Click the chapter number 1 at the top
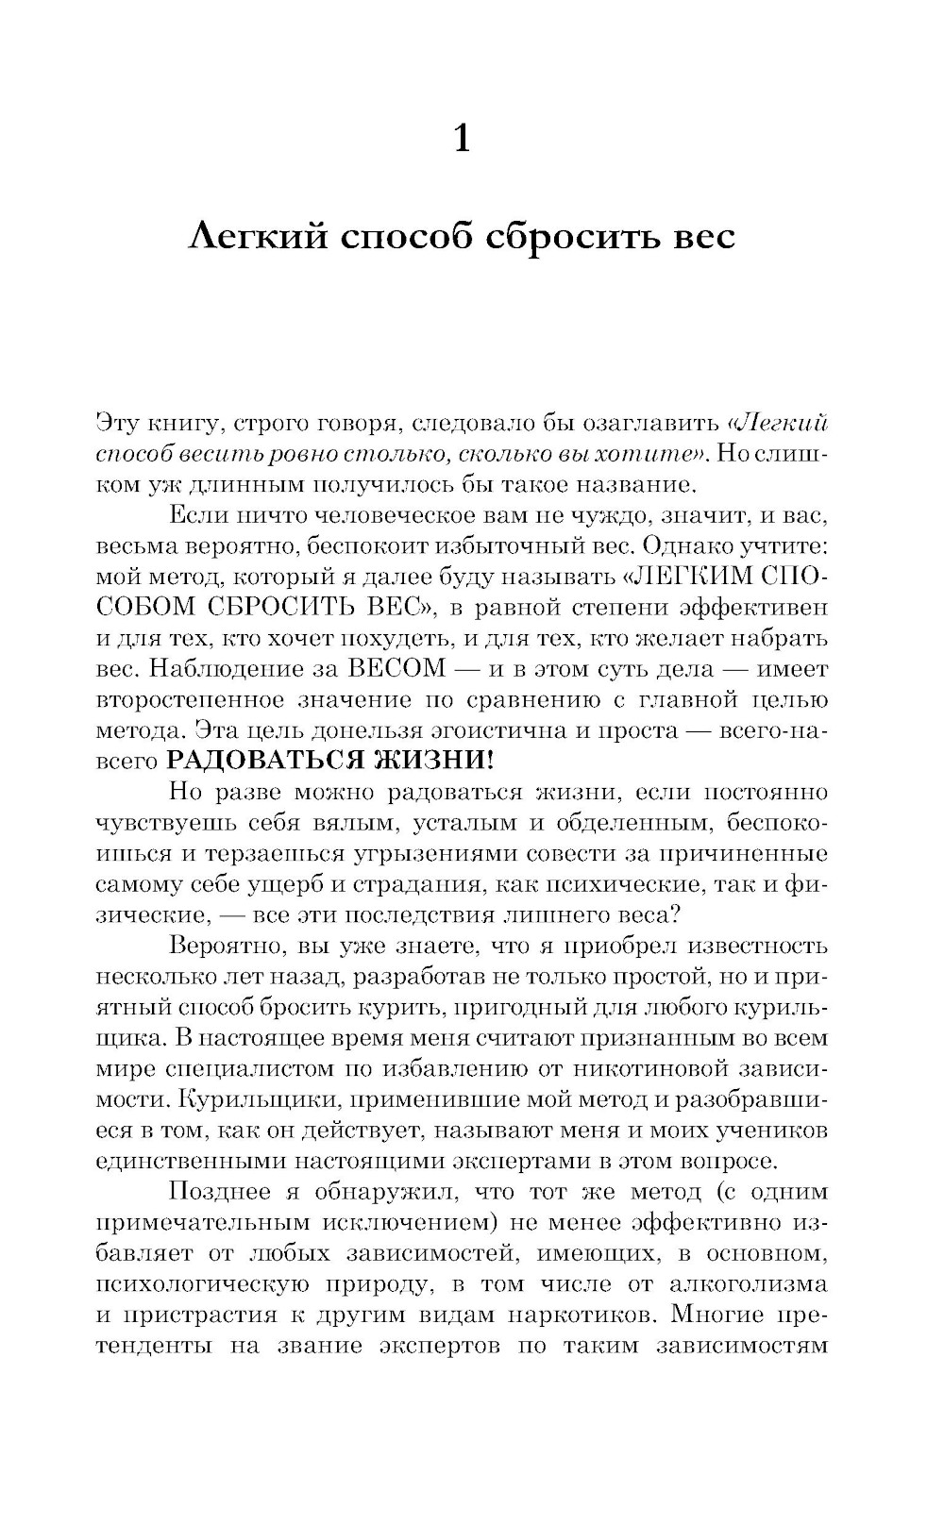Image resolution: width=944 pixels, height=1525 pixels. (x=462, y=139)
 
